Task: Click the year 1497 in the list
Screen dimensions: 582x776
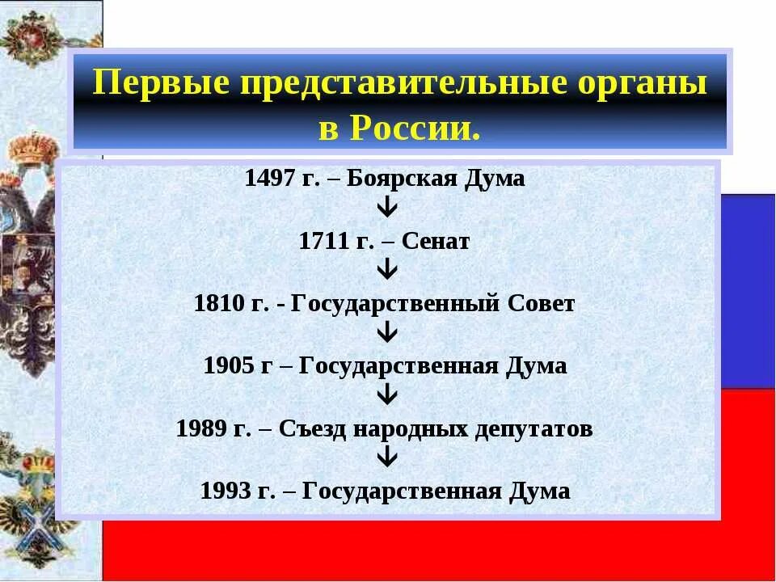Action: click(x=269, y=179)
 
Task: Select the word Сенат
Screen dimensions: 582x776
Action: click(x=436, y=242)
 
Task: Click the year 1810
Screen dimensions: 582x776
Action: click(x=218, y=304)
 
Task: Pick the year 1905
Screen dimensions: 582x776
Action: click(x=229, y=365)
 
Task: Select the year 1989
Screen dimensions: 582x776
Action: click(x=201, y=428)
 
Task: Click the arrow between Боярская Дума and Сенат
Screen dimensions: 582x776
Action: click(x=387, y=209)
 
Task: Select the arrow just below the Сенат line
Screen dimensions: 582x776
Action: click(x=387, y=271)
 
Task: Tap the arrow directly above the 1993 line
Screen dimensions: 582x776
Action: click(x=387, y=458)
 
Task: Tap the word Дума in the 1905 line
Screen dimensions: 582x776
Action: click(x=537, y=365)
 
